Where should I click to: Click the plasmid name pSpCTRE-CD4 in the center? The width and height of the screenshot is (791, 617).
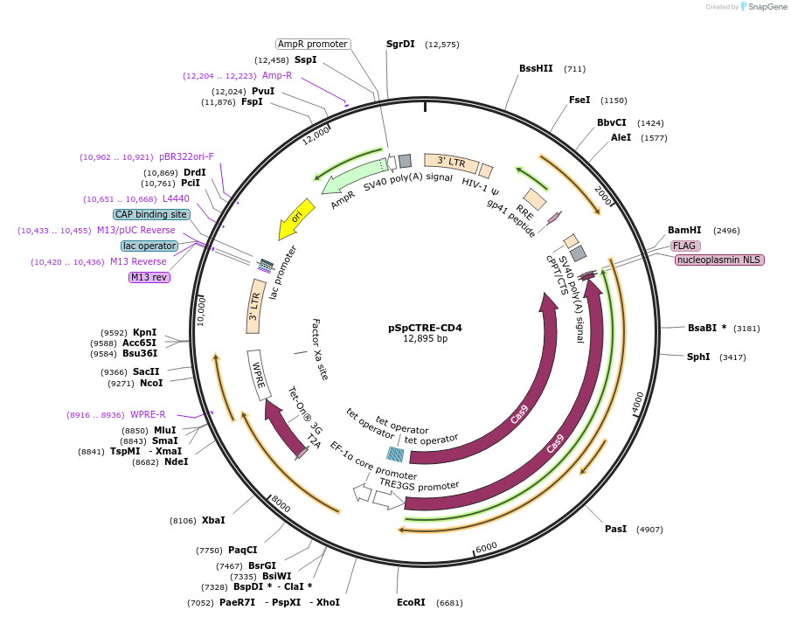tap(425, 329)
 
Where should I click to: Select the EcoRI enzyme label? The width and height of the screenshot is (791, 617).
tap(410, 602)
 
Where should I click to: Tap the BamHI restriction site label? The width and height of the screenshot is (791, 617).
tap(684, 231)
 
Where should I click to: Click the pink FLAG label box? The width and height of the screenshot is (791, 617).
tap(685, 246)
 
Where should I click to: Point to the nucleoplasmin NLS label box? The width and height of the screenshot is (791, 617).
tap(719, 260)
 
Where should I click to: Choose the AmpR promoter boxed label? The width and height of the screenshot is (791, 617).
tap(312, 44)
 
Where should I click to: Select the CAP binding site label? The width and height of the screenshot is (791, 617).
tap(150, 214)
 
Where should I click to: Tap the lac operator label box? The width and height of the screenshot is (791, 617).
tap(149, 246)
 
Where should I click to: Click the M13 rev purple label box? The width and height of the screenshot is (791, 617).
tap(149, 277)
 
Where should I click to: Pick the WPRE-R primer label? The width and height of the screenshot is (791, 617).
tap(148, 414)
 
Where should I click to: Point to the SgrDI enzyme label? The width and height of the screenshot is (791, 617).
tap(400, 44)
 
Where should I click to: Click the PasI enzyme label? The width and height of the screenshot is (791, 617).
tap(615, 529)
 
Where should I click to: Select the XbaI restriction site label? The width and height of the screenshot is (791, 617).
tap(213, 520)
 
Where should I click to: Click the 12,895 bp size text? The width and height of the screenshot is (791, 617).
tap(425, 339)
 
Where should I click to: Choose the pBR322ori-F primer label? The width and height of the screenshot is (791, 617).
tap(186, 157)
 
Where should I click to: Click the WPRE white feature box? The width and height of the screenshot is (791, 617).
tap(259, 375)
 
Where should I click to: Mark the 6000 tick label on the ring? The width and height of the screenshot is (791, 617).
tap(486, 546)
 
